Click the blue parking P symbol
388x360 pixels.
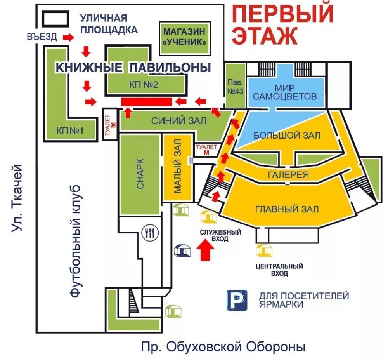[237, 300]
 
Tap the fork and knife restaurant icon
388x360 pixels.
[150, 232]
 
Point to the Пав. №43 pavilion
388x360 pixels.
[235, 88]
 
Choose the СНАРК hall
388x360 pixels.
[140, 174]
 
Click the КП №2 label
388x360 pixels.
[144, 85]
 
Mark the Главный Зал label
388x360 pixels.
[287, 209]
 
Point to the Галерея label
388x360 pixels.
[288, 175]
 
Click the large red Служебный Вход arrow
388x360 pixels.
[204, 250]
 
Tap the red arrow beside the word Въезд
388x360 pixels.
[68, 37]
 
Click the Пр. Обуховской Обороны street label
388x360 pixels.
[223, 346]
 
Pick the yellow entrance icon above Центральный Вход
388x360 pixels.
[264, 250]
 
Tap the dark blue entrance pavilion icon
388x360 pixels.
[182, 250]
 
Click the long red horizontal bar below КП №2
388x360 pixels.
[146, 102]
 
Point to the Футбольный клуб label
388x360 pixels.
[76, 241]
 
